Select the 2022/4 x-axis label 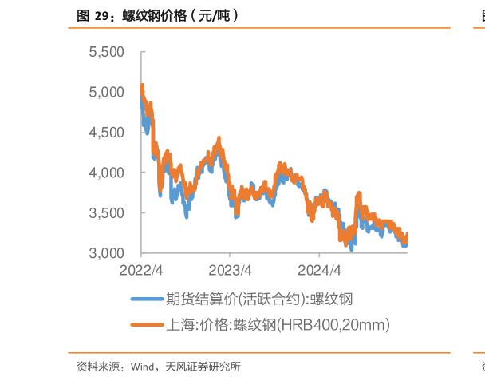142,269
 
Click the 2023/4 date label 231,269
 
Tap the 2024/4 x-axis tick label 319,269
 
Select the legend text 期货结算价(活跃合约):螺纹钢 259,300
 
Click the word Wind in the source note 142,367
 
